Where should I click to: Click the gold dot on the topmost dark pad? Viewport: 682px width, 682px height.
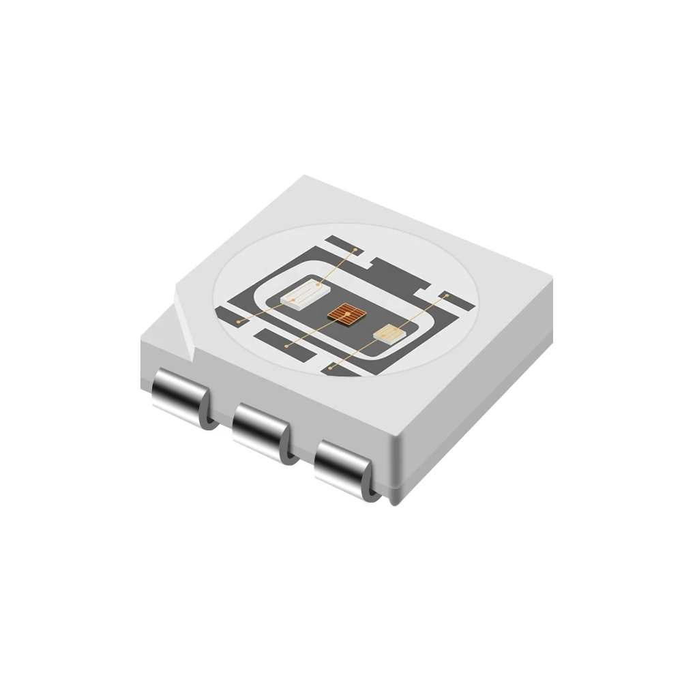coord(354,251)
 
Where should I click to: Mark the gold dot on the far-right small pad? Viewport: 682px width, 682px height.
coord(445,297)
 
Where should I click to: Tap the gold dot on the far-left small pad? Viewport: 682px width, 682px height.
coord(238,319)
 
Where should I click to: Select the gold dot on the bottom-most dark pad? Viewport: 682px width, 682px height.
coord(331,368)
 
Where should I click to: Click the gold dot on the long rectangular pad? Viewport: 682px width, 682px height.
coord(286,346)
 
